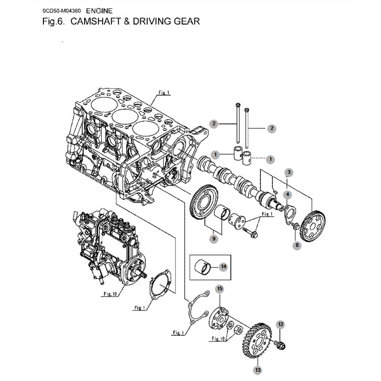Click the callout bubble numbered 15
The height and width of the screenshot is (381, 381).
(220, 289)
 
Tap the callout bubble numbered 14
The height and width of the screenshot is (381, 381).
(224, 266)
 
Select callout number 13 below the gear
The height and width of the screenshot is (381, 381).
(257, 369)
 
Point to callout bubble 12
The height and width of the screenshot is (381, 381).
(280, 325)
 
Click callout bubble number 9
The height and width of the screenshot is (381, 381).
(213, 239)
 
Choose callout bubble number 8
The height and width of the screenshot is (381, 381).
(297, 246)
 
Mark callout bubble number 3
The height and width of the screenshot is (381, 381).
(289, 173)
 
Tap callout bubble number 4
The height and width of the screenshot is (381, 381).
(287, 195)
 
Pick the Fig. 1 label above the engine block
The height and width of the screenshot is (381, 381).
(164, 92)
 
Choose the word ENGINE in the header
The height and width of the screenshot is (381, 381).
(99, 11)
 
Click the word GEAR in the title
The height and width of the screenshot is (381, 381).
(185, 21)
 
